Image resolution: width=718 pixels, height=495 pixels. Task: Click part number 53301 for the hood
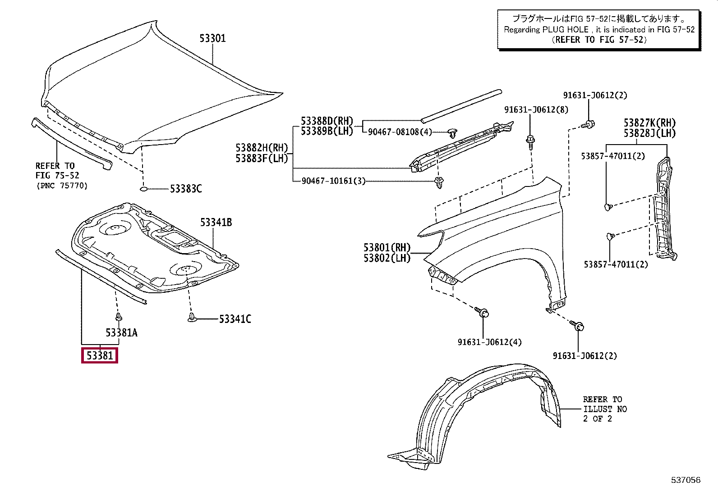coord(213,38)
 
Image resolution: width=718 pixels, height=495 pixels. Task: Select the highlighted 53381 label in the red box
coord(100,356)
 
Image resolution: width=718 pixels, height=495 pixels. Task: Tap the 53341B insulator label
coord(216,222)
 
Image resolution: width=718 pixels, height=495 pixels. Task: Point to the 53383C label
coord(186,189)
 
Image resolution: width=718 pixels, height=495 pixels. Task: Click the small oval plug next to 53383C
coord(144,189)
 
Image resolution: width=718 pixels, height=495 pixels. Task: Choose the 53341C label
coord(235,319)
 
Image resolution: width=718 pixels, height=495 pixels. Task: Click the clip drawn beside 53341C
coord(193,318)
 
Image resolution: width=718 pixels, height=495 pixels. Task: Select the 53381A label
coord(121,333)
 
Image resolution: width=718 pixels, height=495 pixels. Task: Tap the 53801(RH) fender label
coord(387,247)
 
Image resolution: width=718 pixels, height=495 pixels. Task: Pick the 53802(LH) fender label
coord(387,258)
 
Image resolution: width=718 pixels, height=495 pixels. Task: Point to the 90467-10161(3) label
coord(334,181)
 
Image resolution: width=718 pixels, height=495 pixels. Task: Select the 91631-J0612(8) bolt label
coord(536,109)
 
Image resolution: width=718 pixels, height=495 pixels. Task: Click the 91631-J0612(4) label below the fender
coord(489,342)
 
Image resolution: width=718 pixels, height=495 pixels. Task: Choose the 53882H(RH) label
coord(261,147)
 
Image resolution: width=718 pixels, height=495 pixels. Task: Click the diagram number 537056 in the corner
coord(686,480)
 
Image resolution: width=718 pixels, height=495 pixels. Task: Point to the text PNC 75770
coord(62,186)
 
